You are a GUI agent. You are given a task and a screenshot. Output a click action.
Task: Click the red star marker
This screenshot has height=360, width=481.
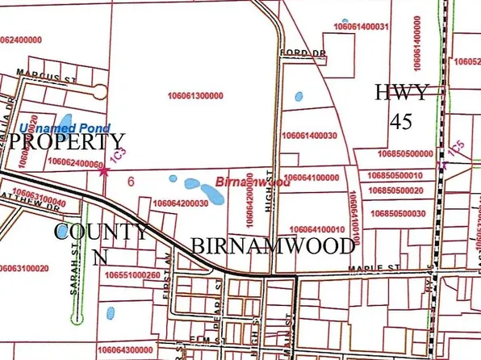coord(102,170)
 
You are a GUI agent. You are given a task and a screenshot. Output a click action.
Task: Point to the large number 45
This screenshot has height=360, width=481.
coord(401,121)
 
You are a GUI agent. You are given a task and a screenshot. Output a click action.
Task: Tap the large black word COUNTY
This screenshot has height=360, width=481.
coord(101,233)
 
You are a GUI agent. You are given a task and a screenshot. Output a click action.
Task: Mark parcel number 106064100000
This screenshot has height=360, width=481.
coord(312,177)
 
